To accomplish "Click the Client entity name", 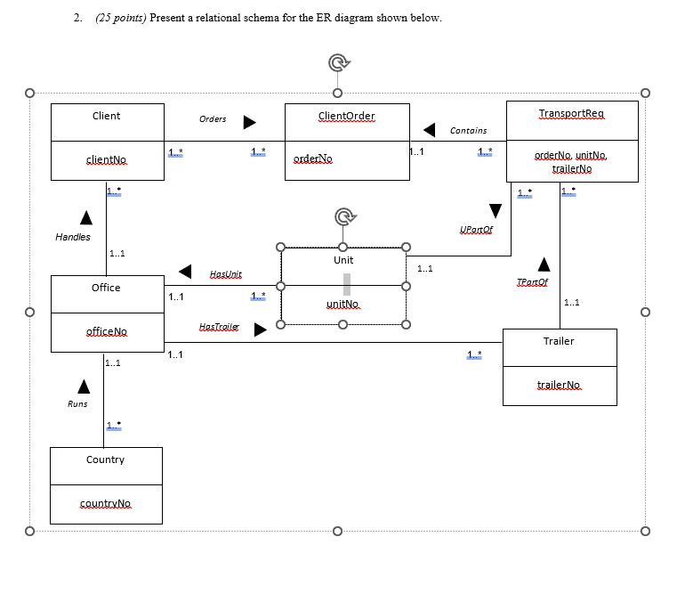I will click(106, 116).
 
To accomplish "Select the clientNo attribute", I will click(106, 159).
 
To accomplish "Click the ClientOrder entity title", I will click(346, 116).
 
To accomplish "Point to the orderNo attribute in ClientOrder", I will click(310, 159).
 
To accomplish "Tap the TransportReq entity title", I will click(571, 114).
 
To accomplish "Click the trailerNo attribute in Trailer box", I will click(559, 385).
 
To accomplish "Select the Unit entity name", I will click(343, 260).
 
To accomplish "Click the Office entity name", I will click(106, 288).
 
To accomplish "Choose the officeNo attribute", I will click(106, 331).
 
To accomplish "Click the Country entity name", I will click(105, 460).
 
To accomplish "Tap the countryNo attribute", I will click(105, 503).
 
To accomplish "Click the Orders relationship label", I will click(213, 119).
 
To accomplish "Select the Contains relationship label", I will click(468, 131).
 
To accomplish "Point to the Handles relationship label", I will click(73, 237).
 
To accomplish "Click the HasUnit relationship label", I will click(225, 274).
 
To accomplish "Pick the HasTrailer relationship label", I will click(220, 328).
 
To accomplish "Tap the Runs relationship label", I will click(77, 404).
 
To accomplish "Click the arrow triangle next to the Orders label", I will click(250, 120).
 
